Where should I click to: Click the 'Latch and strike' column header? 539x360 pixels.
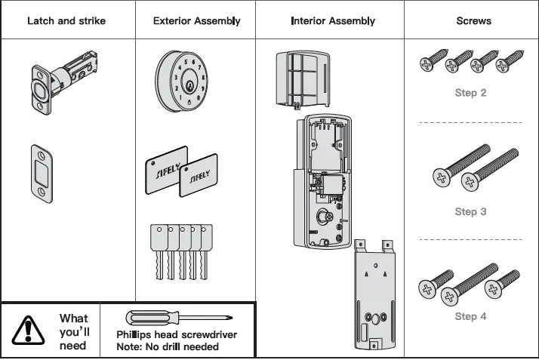tap(66, 20)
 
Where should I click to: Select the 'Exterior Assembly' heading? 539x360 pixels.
tap(196, 20)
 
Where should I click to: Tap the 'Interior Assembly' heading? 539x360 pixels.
tap(333, 20)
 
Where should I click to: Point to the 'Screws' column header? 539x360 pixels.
tap(473, 20)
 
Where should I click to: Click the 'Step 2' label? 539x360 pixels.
tap(470, 93)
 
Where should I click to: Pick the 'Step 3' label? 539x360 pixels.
tap(470, 211)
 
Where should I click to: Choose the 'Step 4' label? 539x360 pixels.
tap(470, 316)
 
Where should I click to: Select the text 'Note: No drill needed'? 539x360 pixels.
tap(168, 347)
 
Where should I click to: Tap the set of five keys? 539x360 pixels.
tap(180, 250)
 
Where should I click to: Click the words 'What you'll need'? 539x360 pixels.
tap(73, 332)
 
